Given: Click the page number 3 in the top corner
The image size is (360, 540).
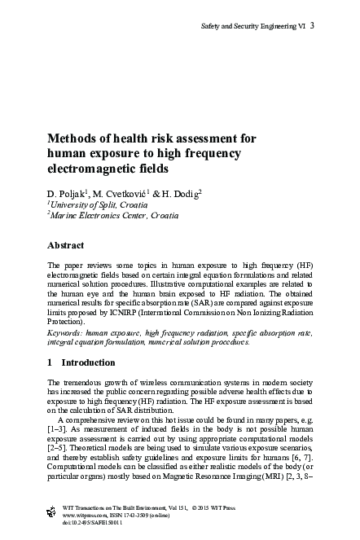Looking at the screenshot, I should click(313, 26).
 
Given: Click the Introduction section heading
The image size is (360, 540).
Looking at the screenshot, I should click(89, 362).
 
